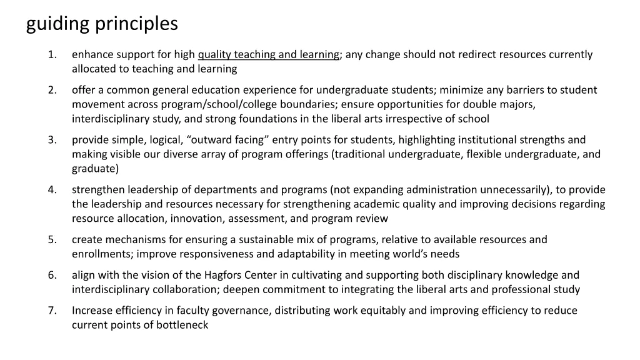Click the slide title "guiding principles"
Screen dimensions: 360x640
(102, 24)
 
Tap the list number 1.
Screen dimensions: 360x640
(52, 54)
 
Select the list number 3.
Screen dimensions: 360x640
(52, 140)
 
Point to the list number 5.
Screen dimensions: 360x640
(52, 239)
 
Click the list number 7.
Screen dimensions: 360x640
(52, 311)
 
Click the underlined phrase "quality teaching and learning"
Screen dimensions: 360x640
(269, 54)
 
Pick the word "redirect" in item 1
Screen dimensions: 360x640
(478, 54)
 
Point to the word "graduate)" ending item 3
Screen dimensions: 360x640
(95, 169)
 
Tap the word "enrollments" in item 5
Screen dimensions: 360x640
(101, 254)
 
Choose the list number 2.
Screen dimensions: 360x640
(52, 90)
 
